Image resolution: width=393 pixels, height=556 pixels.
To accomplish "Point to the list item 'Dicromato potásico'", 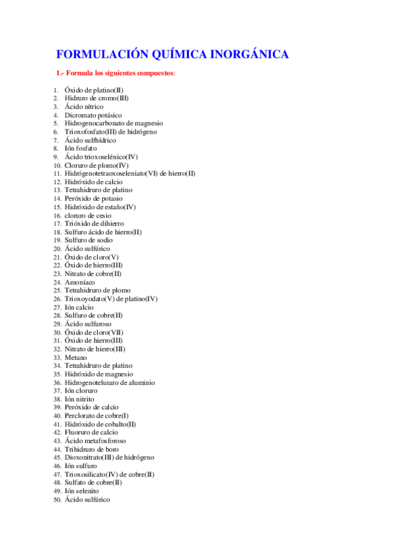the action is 93,115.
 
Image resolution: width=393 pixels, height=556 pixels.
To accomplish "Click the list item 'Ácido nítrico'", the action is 84,106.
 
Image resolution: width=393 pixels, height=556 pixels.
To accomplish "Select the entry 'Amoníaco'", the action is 81,282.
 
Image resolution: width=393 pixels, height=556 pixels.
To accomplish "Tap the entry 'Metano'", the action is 75,357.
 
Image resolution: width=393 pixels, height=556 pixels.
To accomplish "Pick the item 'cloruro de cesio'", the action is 88,215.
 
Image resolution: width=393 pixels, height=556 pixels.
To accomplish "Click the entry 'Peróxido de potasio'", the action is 93,198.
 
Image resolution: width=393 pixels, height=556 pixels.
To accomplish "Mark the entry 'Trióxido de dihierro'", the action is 94,224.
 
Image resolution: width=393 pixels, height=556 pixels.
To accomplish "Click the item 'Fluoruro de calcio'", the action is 91,433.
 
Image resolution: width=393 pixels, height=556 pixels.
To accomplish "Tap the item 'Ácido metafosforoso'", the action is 96,441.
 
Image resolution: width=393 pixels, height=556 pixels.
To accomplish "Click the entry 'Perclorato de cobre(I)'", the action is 96,416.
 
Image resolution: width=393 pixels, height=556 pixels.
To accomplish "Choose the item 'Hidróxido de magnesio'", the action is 99,374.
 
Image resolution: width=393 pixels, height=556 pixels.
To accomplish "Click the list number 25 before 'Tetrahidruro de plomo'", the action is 58,290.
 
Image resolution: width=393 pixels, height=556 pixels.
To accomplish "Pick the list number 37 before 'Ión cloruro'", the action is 58,391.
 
